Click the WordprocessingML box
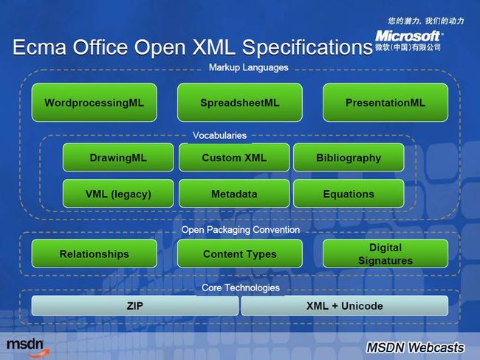[x=95, y=103]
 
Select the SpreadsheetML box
[x=240, y=103]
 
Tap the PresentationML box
[x=385, y=103]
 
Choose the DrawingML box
[x=118, y=157]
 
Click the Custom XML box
[x=234, y=157]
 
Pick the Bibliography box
[x=349, y=157]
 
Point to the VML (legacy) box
[x=118, y=194]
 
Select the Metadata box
[x=234, y=194]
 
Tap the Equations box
[x=349, y=194]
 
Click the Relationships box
[x=95, y=254]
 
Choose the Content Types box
[x=240, y=254]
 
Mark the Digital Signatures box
[x=385, y=254]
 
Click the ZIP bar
[x=135, y=305]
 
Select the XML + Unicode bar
[x=345, y=305]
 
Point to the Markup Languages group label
[x=249, y=67]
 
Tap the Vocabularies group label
[x=219, y=135]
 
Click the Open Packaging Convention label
[x=241, y=230]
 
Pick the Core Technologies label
[x=241, y=288]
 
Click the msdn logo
[x=27, y=347]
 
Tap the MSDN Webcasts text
[x=415, y=347]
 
